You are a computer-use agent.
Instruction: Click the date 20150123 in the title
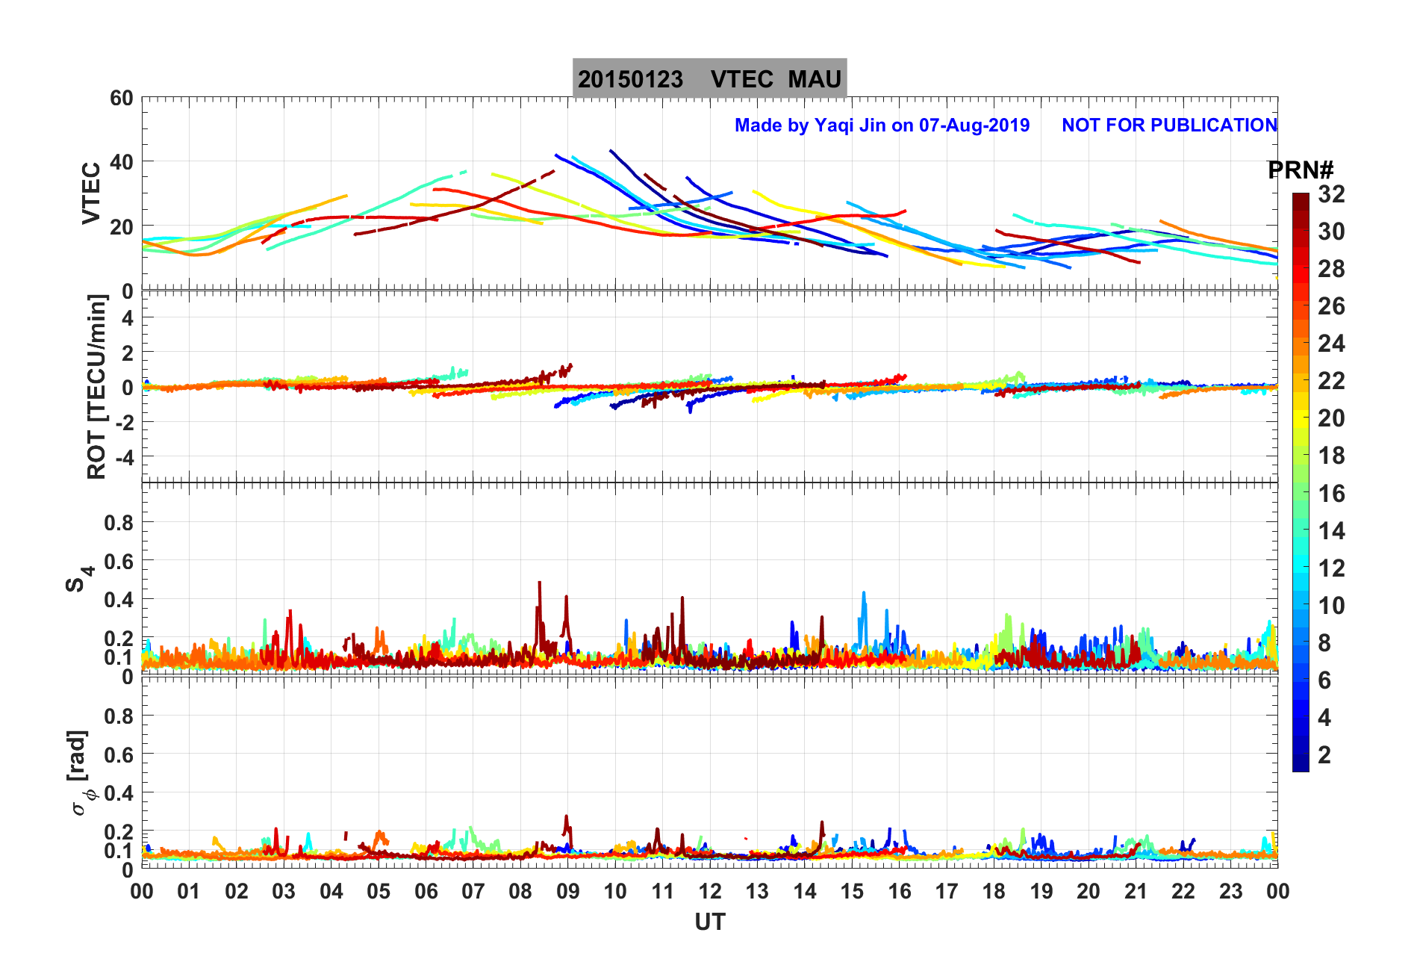click(x=630, y=79)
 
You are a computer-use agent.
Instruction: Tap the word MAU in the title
click(x=815, y=79)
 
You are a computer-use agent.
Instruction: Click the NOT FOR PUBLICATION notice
click(x=1169, y=125)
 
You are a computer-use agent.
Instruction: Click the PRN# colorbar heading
click(x=1301, y=170)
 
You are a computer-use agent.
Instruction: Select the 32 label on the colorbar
click(x=1331, y=194)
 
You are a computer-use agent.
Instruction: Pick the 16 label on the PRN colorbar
click(x=1331, y=493)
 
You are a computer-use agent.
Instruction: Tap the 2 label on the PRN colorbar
click(x=1324, y=754)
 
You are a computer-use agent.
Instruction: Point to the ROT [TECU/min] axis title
click(x=97, y=386)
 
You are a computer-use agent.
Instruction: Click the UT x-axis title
click(x=709, y=922)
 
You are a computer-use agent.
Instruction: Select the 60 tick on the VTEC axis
click(x=121, y=99)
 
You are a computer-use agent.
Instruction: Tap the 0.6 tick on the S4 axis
click(x=119, y=561)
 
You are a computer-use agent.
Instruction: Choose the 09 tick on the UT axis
click(x=567, y=891)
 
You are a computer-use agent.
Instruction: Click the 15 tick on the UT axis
click(x=852, y=891)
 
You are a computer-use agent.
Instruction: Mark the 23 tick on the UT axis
click(x=1230, y=891)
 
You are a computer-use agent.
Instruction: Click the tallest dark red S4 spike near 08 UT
click(x=539, y=583)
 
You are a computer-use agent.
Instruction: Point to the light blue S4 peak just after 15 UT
click(x=864, y=594)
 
